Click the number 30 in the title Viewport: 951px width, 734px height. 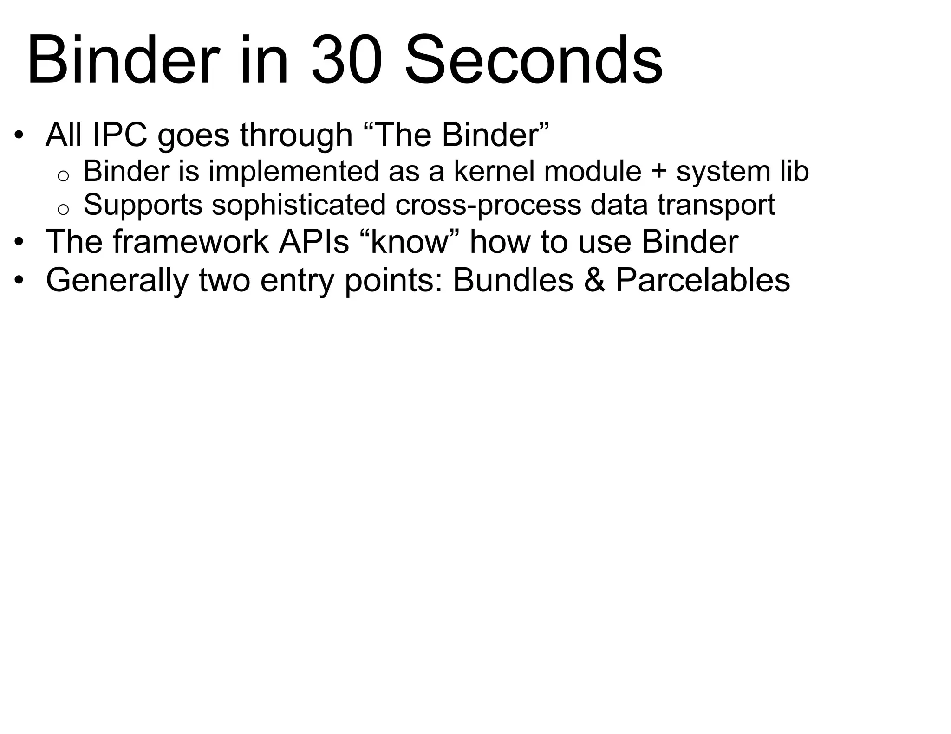pos(347,60)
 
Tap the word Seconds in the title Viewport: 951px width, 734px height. pos(534,60)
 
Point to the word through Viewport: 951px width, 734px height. pos(296,135)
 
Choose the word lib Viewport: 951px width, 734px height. pos(793,171)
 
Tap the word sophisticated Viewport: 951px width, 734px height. pos(299,205)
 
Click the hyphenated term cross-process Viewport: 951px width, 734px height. pos(488,205)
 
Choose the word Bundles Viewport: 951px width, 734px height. pos(513,280)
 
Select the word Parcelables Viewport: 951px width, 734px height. pos(703,280)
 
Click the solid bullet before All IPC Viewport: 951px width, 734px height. pos(19,136)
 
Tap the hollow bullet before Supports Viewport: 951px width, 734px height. pos(63,209)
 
